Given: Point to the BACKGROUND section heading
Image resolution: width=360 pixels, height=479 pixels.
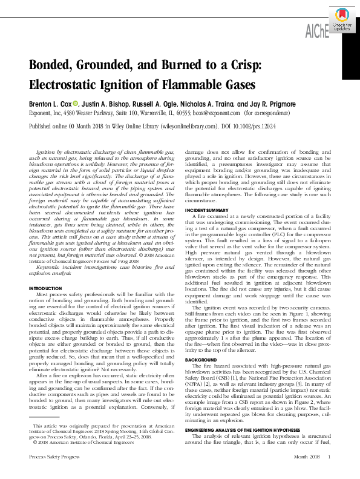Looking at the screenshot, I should [x=200, y=359].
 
